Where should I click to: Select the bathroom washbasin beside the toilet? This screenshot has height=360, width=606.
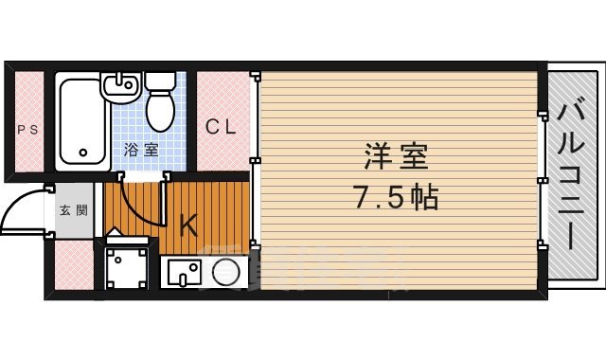[x=120, y=91]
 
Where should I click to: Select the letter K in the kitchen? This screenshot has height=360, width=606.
[x=188, y=225]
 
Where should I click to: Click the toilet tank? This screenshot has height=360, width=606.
[x=159, y=81]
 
